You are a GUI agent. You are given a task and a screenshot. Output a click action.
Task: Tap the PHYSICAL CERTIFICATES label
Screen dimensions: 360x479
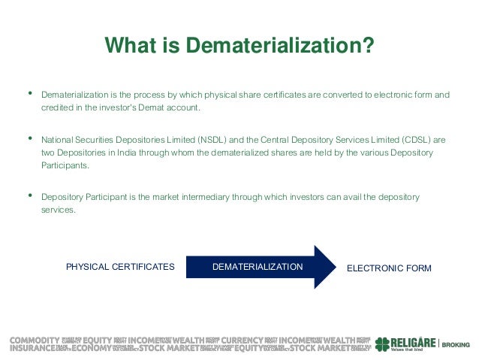tap(120, 267)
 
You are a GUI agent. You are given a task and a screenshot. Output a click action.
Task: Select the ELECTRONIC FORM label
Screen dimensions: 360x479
tap(388, 268)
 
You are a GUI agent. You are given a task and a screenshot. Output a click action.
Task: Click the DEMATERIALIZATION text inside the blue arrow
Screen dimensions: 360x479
tap(258, 267)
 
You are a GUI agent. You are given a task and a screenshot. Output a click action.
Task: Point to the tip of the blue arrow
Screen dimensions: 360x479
tap(335, 267)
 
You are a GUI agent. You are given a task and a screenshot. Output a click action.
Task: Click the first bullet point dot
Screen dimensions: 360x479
tap(30, 94)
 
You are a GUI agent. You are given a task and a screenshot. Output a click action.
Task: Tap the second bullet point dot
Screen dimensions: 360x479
tap(30, 139)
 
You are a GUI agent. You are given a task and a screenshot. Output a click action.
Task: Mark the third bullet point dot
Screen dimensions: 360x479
tap(30, 196)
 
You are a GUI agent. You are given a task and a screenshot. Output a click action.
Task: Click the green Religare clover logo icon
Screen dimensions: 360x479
tap(383, 343)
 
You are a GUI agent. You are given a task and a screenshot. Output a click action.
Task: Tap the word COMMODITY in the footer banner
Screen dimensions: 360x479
tap(34, 340)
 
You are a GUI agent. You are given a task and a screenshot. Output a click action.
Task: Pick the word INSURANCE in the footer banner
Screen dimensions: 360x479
tap(32, 348)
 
